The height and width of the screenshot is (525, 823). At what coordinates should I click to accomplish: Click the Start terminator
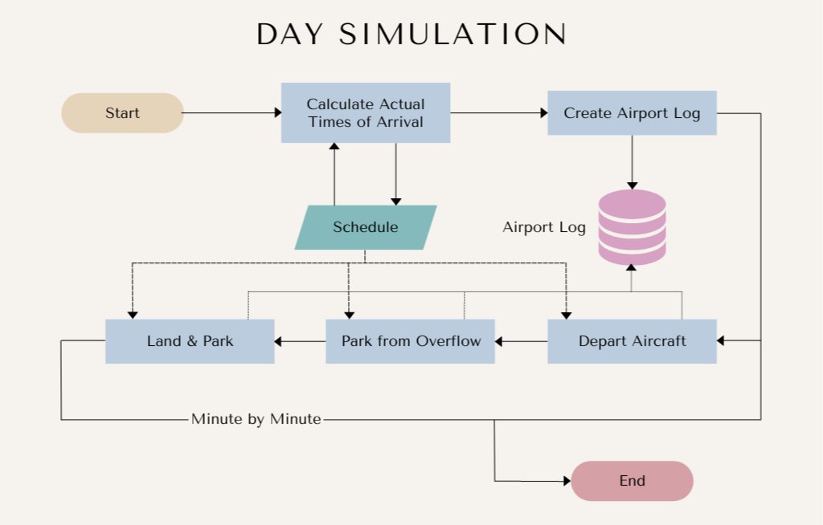[122, 112]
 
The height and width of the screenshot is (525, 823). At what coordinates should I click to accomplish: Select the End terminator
[632, 481]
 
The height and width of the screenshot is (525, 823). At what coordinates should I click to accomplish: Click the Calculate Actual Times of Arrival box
[366, 112]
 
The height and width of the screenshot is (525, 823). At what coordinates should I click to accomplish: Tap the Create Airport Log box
[632, 112]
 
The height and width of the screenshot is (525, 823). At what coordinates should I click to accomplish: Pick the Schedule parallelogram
[366, 227]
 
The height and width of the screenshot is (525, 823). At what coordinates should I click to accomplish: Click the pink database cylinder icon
[632, 227]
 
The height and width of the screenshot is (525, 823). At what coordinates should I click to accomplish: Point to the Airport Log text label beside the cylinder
[544, 227]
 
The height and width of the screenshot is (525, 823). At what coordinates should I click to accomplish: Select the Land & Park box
[190, 341]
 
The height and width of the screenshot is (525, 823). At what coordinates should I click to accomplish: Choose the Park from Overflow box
[411, 341]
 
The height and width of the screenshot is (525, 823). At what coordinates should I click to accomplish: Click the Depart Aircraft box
[632, 341]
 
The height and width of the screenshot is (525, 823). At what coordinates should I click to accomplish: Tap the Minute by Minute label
[256, 419]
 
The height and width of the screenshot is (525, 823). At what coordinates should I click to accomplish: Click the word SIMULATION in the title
[452, 35]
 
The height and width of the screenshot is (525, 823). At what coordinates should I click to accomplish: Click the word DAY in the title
[289, 35]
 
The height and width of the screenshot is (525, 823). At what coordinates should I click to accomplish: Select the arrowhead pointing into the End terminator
[567, 481]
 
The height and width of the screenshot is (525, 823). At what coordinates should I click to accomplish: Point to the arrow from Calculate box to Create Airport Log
[498, 112]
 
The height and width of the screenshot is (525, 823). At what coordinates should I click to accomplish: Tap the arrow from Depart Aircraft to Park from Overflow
[521, 341]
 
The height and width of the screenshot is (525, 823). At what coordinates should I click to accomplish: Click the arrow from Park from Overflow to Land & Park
[301, 341]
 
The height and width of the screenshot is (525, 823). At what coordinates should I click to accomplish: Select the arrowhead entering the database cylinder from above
[632, 185]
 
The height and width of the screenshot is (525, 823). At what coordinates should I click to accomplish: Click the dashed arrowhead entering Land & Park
[133, 315]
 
